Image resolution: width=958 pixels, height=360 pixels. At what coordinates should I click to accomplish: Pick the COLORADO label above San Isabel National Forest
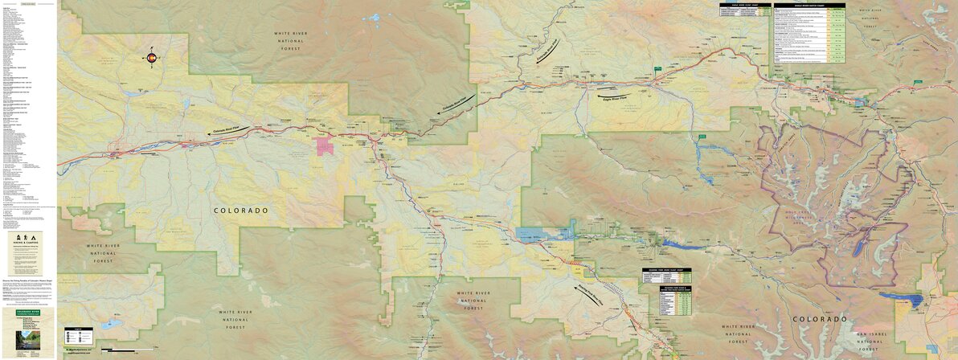click(819, 319)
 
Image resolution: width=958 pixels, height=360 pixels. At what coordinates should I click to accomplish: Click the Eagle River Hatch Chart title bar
click(809, 5)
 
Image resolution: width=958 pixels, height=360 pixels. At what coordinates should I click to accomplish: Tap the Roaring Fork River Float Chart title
click(663, 270)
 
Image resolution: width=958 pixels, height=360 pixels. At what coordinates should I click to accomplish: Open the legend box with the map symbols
click(79, 336)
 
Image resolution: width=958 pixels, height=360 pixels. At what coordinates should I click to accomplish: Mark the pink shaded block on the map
click(325, 146)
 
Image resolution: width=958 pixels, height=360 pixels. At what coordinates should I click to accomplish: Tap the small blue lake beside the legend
click(109, 326)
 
